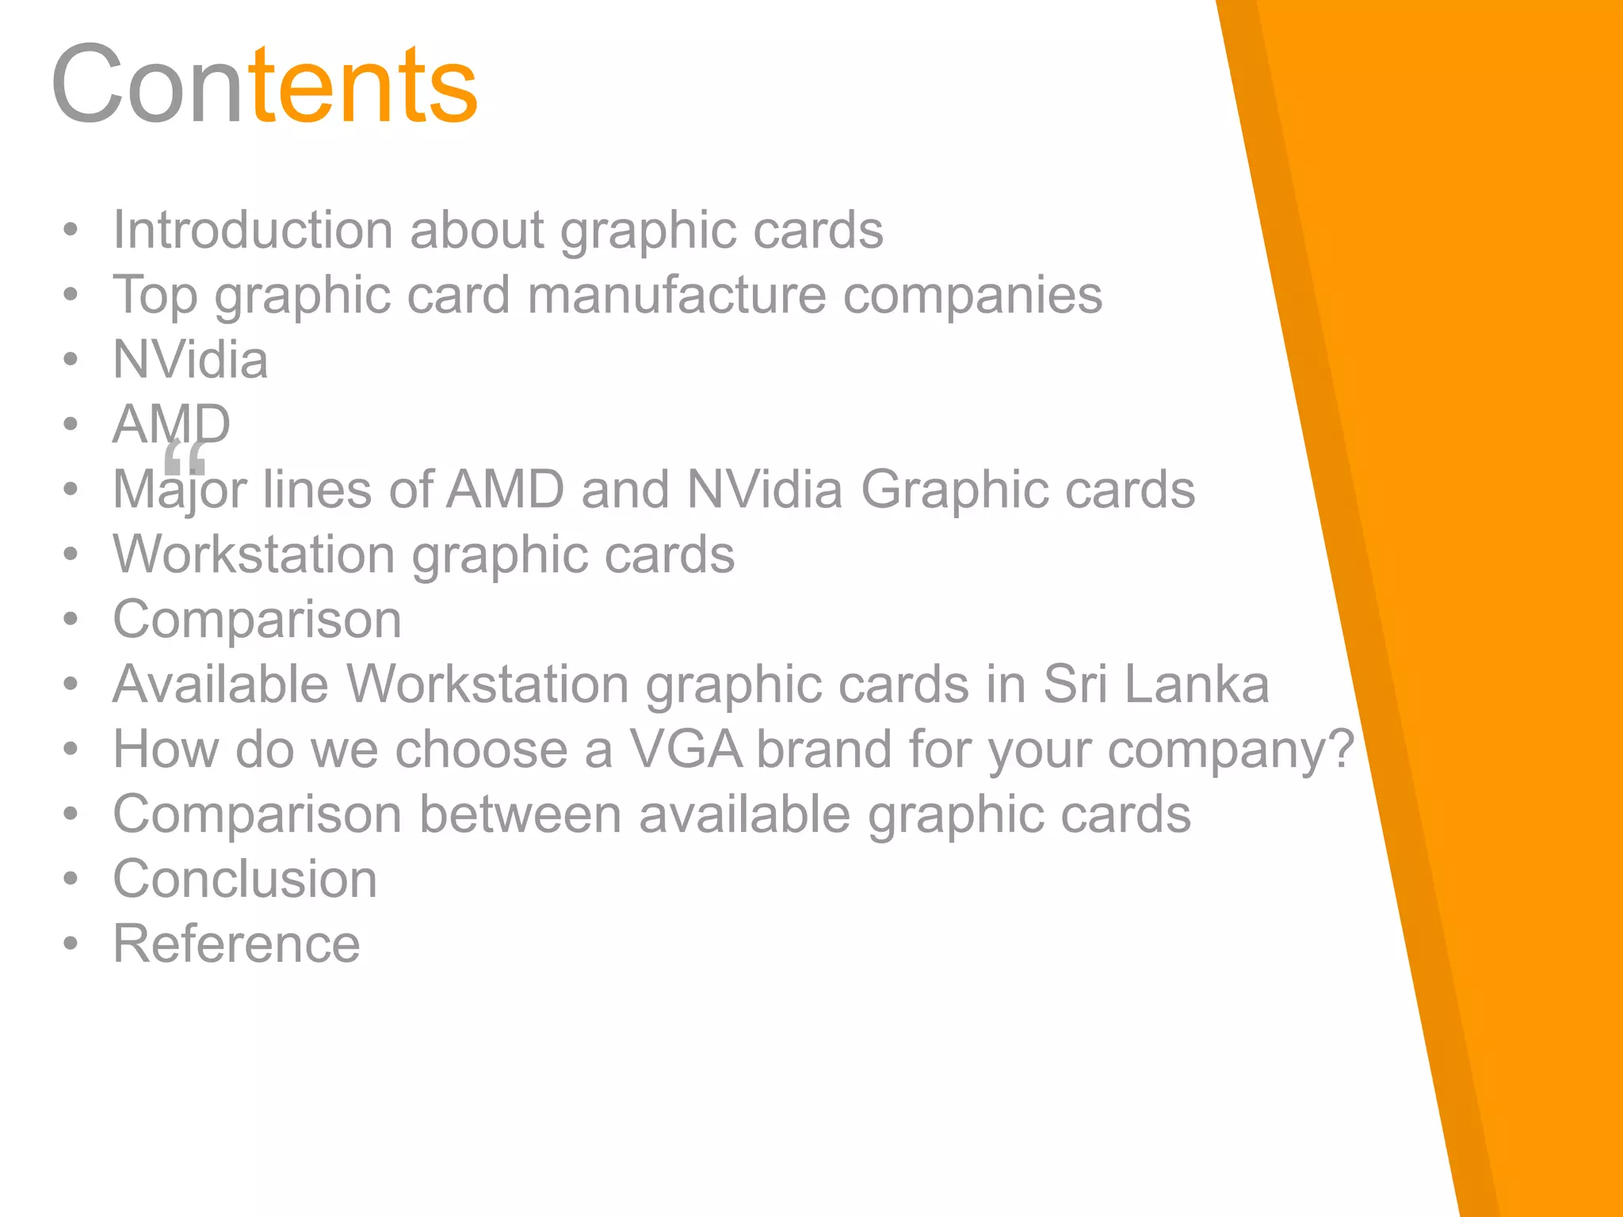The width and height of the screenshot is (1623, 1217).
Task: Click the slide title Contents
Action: tap(264, 85)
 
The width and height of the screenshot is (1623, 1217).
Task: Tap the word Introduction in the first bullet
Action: tap(252, 231)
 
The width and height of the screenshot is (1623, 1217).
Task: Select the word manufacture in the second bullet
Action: tap(676, 296)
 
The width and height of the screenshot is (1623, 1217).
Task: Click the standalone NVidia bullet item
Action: tap(190, 361)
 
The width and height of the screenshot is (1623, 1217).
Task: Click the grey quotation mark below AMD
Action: tap(185, 458)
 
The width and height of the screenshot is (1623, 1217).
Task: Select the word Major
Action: tap(179, 490)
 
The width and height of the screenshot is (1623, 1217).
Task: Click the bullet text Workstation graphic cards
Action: tap(423, 555)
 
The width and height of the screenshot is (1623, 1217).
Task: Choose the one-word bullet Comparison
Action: tap(257, 620)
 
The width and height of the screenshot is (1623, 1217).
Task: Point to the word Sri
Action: tap(1075, 685)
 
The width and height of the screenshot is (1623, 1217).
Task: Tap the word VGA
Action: tap(686, 750)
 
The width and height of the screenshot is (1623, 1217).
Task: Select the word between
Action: tap(520, 815)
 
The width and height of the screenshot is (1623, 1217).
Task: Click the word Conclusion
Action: tap(245, 879)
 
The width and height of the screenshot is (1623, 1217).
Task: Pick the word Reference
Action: tap(236, 944)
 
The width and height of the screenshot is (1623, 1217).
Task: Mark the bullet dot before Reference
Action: tap(71, 944)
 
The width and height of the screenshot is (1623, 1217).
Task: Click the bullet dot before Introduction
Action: tap(71, 231)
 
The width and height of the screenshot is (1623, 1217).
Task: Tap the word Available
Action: tap(220, 685)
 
